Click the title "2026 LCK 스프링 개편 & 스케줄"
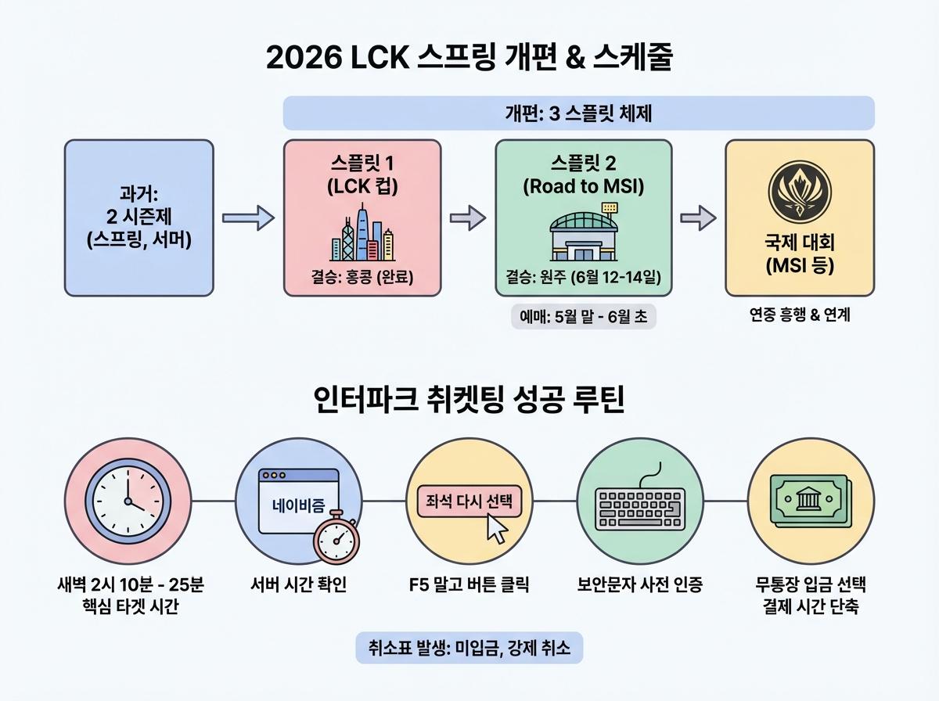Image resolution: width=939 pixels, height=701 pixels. [x=469, y=59]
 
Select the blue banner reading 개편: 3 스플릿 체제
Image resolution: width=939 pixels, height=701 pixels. [x=578, y=113]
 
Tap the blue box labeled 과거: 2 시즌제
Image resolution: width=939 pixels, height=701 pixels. [x=139, y=217]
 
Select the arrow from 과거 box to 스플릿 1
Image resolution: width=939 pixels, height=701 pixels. [x=248, y=218]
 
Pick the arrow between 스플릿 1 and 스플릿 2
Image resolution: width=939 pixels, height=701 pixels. [x=467, y=218]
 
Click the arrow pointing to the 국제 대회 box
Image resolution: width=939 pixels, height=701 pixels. [x=696, y=218]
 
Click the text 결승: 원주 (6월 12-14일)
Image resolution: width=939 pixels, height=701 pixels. [x=583, y=278]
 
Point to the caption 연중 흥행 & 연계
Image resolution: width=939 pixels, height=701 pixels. [x=797, y=316]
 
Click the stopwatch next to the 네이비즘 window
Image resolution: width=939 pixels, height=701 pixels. [x=336, y=540]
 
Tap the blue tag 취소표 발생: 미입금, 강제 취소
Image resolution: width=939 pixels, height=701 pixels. [x=469, y=648]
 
